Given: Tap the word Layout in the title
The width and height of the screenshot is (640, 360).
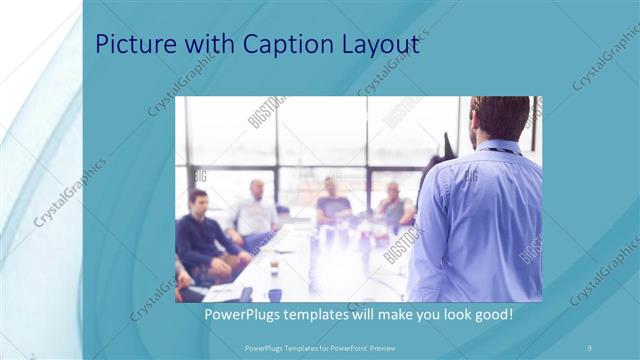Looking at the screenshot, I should click(382, 47).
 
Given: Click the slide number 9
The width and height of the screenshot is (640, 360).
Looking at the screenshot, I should click(590, 347).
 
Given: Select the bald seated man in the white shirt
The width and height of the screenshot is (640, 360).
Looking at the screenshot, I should click(256, 210).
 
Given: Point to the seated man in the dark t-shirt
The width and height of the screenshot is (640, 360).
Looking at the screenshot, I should click(332, 204).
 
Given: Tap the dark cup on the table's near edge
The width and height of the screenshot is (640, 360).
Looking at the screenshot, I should click(274, 294).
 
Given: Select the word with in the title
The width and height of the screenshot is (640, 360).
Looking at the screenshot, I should click(211, 45).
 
